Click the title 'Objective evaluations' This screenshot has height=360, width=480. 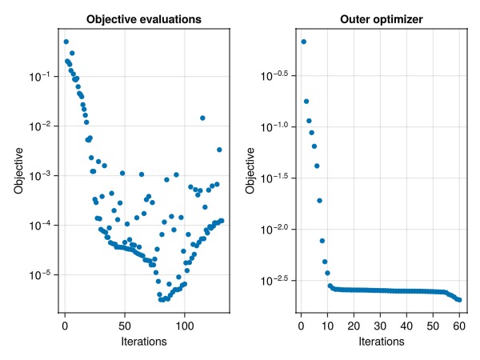(x=144, y=18)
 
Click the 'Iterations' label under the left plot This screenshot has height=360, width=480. (x=144, y=342)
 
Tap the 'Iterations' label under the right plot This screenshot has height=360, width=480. (x=380, y=342)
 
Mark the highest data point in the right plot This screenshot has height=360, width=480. (x=303, y=42)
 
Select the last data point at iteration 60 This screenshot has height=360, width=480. (x=459, y=299)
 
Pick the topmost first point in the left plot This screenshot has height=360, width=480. (x=66, y=42)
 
